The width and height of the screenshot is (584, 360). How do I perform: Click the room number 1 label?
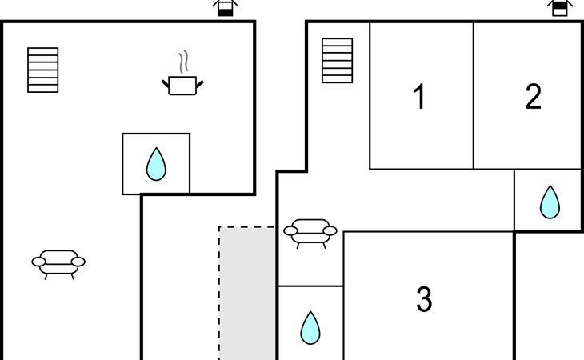click(x=420, y=97)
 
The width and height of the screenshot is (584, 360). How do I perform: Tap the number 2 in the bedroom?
click(x=533, y=97)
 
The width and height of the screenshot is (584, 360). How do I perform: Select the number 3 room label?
click(x=424, y=299)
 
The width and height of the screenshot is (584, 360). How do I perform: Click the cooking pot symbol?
click(x=182, y=86)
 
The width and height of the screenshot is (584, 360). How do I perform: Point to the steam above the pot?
click(x=183, y=62)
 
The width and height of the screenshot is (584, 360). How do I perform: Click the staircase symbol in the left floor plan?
click(x=43, y=70)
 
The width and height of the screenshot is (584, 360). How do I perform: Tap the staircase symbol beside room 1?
click(x=337, y=60)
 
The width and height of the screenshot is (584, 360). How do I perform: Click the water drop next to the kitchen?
click(x=156, y=164)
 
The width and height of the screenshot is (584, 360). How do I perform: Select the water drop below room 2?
click(x=550, y=202)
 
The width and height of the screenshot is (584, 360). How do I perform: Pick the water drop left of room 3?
click(x=310, y=328)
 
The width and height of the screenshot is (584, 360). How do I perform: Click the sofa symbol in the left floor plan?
click(x=58, y=264)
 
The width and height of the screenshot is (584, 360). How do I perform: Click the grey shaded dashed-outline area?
click(x=247, y=293)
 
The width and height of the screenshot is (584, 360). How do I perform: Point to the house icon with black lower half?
click(x=226, y=8)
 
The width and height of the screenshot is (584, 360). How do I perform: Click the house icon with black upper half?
click(x=560, y=8)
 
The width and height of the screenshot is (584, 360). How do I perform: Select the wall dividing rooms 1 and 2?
click(x=474, y=96)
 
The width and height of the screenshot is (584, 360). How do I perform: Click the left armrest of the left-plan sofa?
click(x=38, y=262)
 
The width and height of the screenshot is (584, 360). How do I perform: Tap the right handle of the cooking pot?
click(x=200, y=84)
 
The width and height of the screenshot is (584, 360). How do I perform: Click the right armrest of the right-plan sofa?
click(x=330, y=231)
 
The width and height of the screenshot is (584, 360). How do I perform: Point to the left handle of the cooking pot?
click(x=166, y=84)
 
